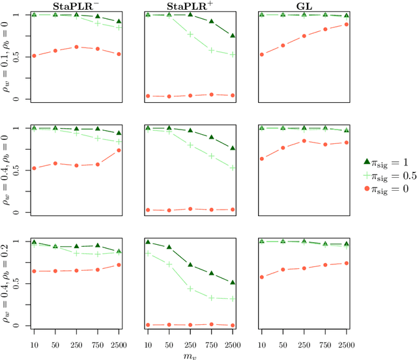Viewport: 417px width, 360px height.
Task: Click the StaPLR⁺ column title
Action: tap(190, 6)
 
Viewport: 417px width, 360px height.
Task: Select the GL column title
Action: tap(303, 6)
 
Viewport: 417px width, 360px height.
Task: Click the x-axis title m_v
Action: tap(190, 355)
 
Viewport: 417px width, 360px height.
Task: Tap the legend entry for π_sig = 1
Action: tap(391, 161)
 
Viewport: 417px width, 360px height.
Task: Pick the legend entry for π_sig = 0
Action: tap(391, 184)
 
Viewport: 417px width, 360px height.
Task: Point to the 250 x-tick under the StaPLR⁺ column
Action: tap(190, 342)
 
